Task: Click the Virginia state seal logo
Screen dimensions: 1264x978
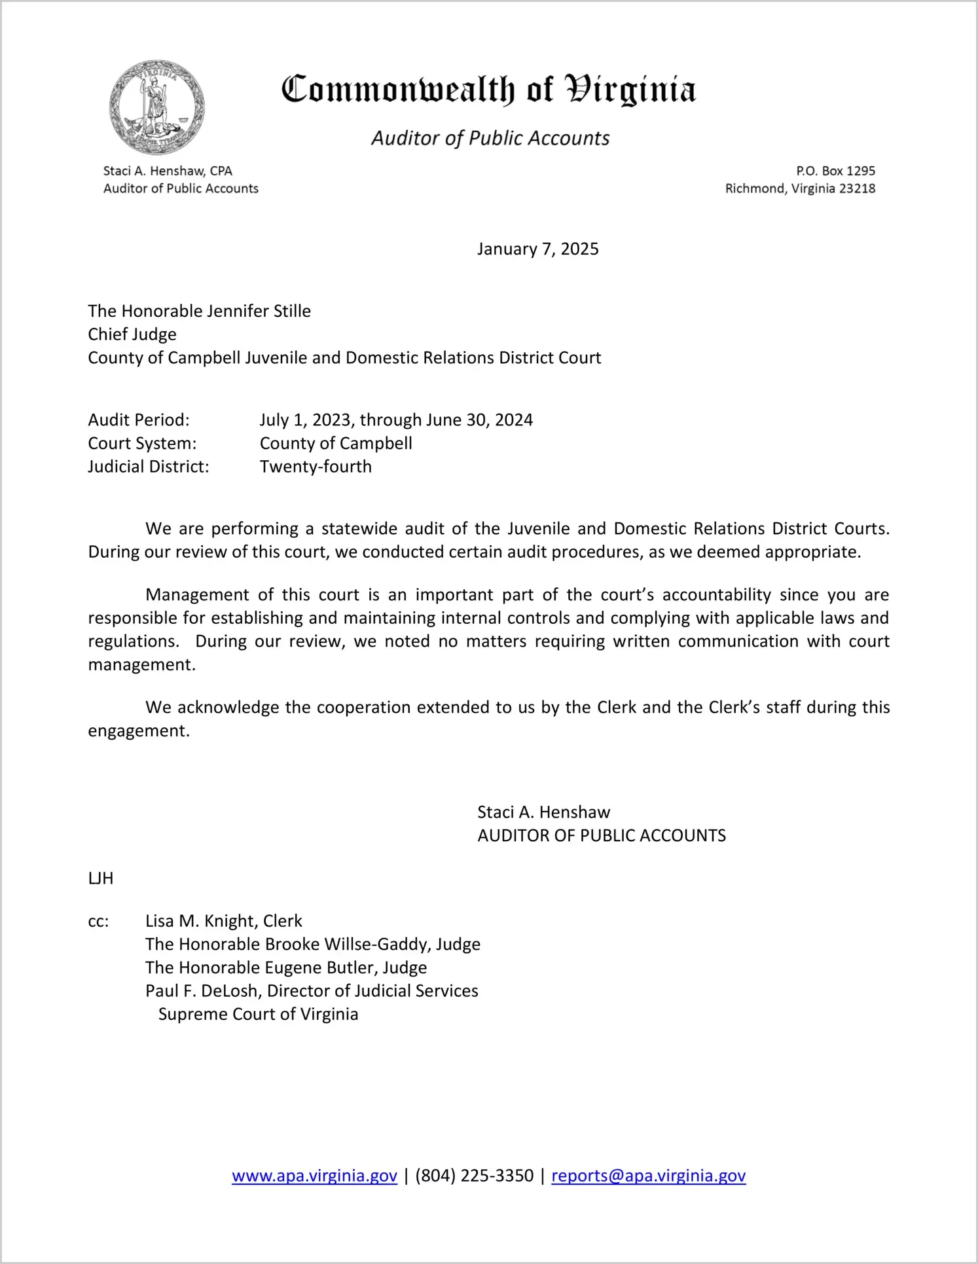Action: click(157, 107)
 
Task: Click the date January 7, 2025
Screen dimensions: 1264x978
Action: click(537, 249)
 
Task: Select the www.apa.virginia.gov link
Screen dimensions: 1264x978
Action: click(314, 1176)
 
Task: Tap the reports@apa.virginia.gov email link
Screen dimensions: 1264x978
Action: click(648, 1176)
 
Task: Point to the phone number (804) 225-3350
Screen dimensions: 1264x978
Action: click(474, 1176)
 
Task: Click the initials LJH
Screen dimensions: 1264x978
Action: click(101, 878)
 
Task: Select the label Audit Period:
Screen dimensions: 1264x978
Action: click(139, 420)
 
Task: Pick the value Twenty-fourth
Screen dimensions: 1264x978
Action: click(316, 467)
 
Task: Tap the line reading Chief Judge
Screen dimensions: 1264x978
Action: click(132, 334)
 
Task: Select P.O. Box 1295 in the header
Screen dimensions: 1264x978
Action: click(835, 171)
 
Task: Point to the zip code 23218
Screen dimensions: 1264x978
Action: click(857, 189)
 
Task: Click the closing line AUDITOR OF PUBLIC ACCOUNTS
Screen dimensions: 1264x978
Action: click(601, 836)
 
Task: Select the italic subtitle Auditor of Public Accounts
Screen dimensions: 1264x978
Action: click(490, 138)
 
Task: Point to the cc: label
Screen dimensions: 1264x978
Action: click(98, 922)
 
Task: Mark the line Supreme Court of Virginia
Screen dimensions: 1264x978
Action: click(258, 1015)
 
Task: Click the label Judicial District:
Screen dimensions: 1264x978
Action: click(149, 467)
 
